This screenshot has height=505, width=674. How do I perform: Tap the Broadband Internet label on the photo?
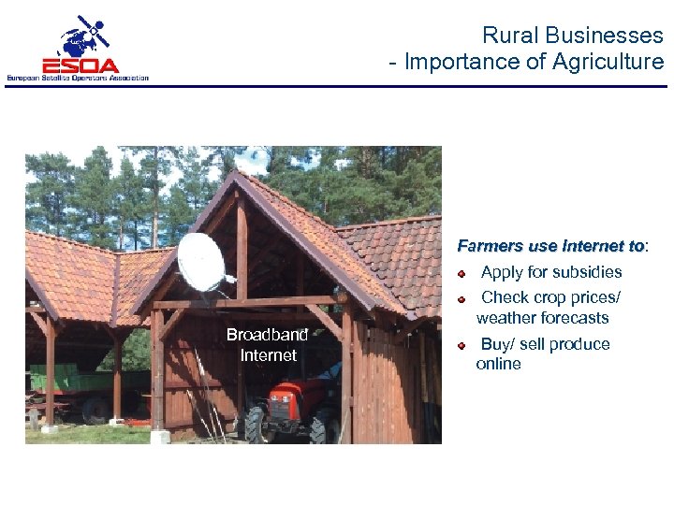[x=267, y=345]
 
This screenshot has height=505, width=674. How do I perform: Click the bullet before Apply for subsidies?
[x=462, y=274]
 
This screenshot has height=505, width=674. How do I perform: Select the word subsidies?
[x=587, y=272]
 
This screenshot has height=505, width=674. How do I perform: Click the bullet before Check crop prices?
[x=462, y=299]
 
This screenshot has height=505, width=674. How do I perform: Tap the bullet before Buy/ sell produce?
[x=462, y=345]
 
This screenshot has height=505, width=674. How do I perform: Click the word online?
[x=498, y=364]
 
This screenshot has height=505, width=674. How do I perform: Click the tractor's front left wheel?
[x=256, y=426]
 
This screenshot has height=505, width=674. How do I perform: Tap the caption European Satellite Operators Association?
[x=78, y=78]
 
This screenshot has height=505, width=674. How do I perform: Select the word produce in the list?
[x=579, y=344]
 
